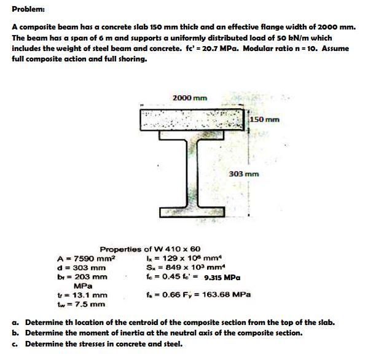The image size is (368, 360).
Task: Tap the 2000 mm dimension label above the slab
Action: pyautogui.click(x=190, y=98)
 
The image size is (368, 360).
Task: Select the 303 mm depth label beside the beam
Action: pyautogui.click(x=245, y=174)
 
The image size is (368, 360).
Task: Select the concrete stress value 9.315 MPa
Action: pyautogui.click(x=222, y=277)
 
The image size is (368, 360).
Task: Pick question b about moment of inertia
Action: pyautogui.click(x=165, y=333)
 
